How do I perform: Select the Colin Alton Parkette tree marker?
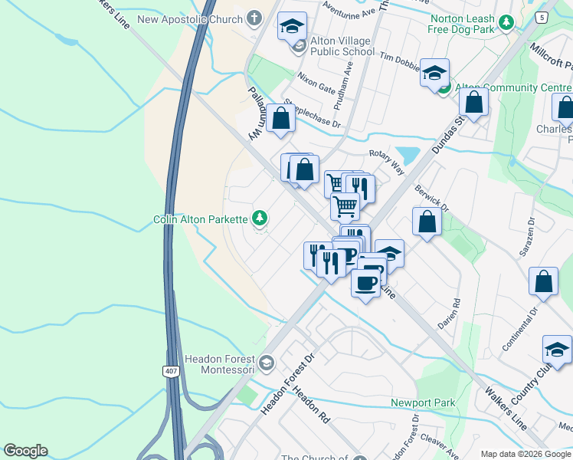click(260, 219)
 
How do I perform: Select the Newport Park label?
click(423, 402)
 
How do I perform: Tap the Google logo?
click(25, 451)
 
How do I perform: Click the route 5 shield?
click(543, 17)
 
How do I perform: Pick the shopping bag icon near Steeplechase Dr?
click(280, 118)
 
